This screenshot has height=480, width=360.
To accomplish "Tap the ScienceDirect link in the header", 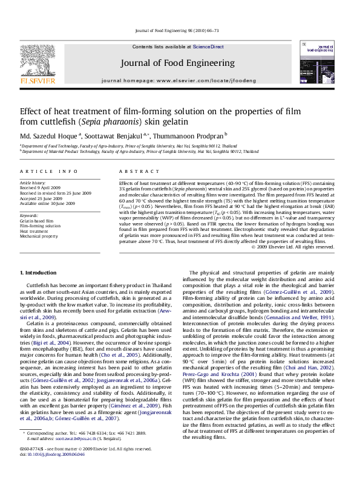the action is (209, 47).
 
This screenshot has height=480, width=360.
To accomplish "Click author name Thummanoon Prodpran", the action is (191, 135).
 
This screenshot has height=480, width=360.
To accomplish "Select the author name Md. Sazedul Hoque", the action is (48, 135).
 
